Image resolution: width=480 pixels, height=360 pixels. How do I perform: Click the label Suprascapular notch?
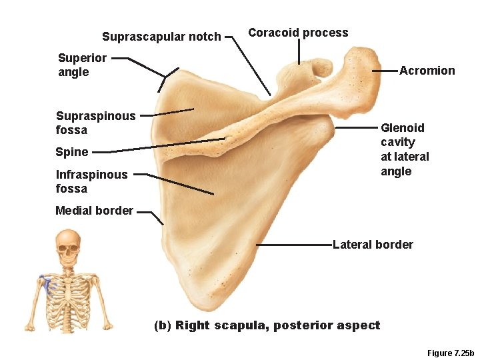(x=161, y=37)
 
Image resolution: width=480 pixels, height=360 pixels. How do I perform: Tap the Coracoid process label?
(x=298, y=33)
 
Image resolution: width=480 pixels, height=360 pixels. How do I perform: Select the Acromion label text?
(x=427, y=71)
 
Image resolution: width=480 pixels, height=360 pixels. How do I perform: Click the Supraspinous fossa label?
(x=95, y=123)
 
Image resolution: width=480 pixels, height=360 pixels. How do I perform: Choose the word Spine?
(x=72, y=152)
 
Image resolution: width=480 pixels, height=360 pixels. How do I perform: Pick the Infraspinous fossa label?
(x=91, y=181)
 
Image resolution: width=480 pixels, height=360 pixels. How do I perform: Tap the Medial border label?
(x=94, y=211)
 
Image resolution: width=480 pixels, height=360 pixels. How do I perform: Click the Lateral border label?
(x=373, y=245)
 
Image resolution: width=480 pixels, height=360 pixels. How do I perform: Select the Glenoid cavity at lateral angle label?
(x=404, y=149)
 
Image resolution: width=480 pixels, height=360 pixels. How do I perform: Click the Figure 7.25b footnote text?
(x=450, y=353)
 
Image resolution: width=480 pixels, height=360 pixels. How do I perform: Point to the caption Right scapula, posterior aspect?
(x=267, y=325)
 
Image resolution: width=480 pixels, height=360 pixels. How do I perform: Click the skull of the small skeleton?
(x=67, y=245)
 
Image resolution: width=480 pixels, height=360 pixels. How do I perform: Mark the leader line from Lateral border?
(x=293, y=245)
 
